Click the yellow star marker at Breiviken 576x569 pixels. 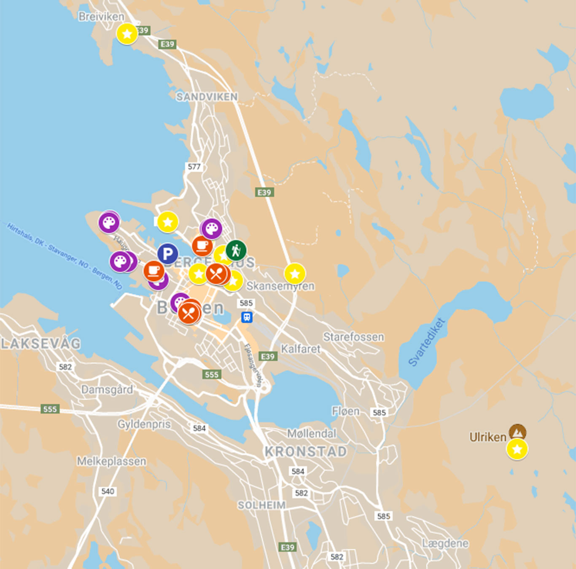(x=127, y=34)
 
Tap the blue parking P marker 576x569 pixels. (x=167, y=254)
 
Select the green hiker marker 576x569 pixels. (x=236, y=250)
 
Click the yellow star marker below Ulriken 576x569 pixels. (x=517, y=449)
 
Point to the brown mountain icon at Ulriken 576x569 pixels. (x=517, y=432)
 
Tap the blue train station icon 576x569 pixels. (x=247, y=317)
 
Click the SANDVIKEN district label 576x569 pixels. (x=207, y=97)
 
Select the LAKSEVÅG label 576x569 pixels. (x=40, y=344)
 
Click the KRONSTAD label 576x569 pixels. (x=306, y=451)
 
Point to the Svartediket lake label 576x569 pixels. (x=426, y=342)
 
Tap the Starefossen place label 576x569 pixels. (x=353, y=337)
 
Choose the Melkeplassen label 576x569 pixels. (x=111, y=461)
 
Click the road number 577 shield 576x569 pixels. (x=194, y=166)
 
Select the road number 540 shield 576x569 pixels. (x=108, y=491)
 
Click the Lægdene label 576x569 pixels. (x=445, y=543)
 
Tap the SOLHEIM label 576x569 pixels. (x=261, y=505)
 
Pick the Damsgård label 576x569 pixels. (x=107, y=389)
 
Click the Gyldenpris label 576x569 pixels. (x=144, y=424)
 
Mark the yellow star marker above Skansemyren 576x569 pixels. (x=295, y=274)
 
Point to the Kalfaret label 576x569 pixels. (x=301, y=349)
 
